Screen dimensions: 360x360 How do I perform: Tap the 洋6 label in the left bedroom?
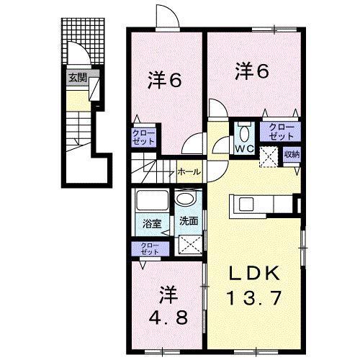click(x=164, y=80)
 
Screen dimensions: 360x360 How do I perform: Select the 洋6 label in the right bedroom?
click(x=252, y=71)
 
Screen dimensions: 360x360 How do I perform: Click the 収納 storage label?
click(x=291, y=153)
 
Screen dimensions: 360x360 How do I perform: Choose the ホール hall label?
click(x=189, y=172)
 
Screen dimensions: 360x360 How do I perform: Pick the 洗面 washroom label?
click(x=188, y=221)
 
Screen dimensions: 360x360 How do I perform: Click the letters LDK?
click(x=253, y=273)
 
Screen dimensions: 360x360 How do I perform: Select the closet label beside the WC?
click(x=281, y=131)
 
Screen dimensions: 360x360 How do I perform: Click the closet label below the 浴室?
click(x=150, y=248)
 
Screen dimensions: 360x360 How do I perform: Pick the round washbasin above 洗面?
click(x=186, y=199)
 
